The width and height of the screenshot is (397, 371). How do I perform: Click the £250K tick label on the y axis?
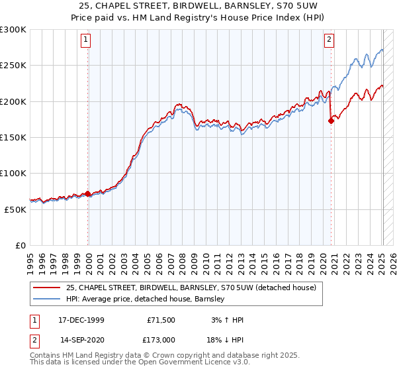click(x=13, y=66)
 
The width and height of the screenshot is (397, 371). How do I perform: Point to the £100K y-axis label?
click(x=13, y=173)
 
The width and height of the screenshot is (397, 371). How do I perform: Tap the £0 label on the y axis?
click(x=21, y=244)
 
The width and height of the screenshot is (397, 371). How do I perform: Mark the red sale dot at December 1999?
click(x=88, y=193)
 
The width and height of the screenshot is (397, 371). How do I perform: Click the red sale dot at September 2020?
click(x=331, y=121)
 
